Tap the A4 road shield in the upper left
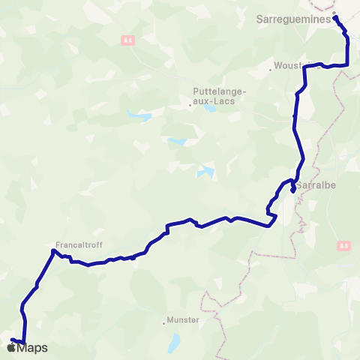click(x=127, y=40)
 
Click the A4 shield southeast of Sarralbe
click(x=343, y=244)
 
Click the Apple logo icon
click(x=12, y=347)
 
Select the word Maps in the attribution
click(x=33, y=347)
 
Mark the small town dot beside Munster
click(x=163, y=323)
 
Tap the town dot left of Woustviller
click(x=271, y=70)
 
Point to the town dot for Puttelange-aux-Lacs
click(x=190, y=105)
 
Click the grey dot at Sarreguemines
click(x=334, y=13)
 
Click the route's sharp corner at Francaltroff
click(x=54, y=250)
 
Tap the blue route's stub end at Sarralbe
click(x=292, y=190)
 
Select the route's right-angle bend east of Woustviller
click(x=349, y=64)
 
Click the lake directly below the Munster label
click(x=174, y=342)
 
